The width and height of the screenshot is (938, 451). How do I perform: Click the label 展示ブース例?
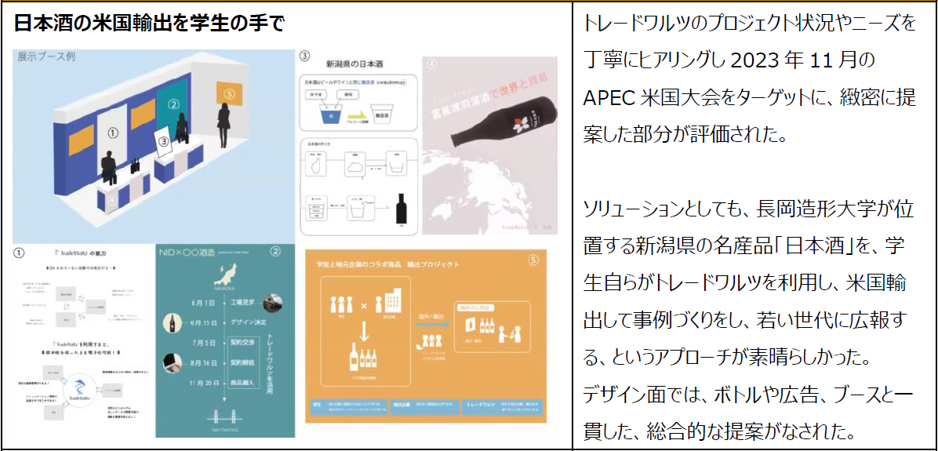click(46, 57)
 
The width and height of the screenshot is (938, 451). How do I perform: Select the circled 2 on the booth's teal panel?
click(175, 104)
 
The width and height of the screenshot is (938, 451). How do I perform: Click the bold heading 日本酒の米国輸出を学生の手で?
click(148, 22)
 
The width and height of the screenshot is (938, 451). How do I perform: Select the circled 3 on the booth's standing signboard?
click(162, 142)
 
